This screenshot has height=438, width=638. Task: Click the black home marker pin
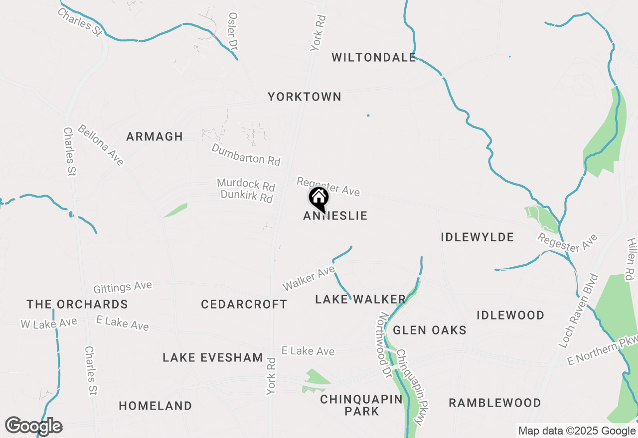pyautogui.click(x=319, y=199)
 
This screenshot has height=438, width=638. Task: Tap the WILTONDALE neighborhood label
pyautogui.click(x=373, y=57)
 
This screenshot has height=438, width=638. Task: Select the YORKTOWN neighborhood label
pyautogui.click(x=305, y=97)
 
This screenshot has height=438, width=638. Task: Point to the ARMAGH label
pyautogui.click(x=155, y=136)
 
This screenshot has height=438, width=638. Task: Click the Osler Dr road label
pyautogui.click(x=233, y=31)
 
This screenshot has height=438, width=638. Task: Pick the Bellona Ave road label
pyautogui.click(x=100, y=145)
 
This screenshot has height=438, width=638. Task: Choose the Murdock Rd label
pyautogui.click(x=246, y=185)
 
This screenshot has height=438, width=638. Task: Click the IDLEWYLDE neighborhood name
pyautogui.click(x=477, y=237)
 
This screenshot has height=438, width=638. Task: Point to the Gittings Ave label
pyautogui.click(x=123, y=287)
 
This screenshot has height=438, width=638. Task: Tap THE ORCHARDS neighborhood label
pyautogui.click(x=77, y=304)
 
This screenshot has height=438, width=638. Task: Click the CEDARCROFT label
pyautogui.click(x=244, y=304)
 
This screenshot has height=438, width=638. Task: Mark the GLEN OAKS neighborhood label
pyautogui.click(x=430, y=330)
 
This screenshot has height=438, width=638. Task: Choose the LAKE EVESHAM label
pyautogui.click(x=213, y=357)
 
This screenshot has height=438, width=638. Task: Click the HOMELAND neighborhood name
pyautogui.click(x=156, y=406)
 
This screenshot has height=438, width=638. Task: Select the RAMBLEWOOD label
pyautogui.click(x=495, y=403)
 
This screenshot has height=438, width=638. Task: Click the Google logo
pyautogui.click(x=33, y=426)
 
